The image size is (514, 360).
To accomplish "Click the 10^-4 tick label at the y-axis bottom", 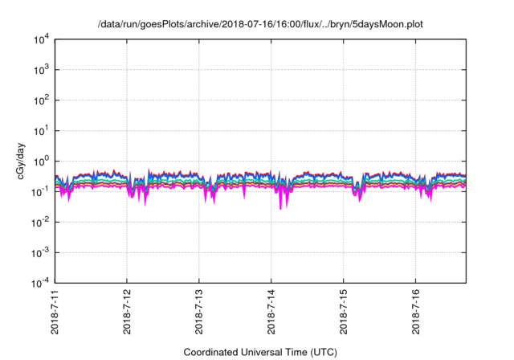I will coord(42,282).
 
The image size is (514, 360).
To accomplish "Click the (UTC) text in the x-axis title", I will coord(322,352).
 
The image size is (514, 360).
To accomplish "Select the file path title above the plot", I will coord(260,24).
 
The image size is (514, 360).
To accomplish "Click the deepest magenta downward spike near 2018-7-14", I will coord(280,208).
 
